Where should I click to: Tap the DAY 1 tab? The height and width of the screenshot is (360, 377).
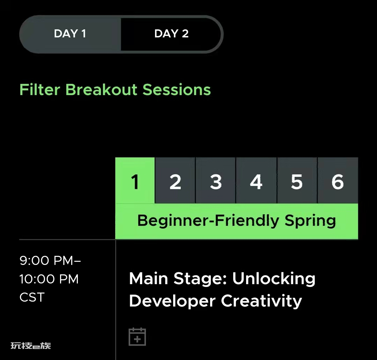coord(70,34)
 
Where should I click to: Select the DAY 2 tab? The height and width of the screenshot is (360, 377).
coord(171,34)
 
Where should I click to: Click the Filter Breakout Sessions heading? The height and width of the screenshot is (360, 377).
coord(115,90)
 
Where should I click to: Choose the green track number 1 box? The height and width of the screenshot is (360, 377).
coord(135,181)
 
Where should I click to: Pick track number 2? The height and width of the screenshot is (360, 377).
coord(175,181)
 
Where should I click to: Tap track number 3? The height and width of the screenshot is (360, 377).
coord(216,181)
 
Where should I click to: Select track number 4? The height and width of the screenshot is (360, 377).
coord(256,181)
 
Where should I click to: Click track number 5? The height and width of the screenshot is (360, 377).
coord(297,181)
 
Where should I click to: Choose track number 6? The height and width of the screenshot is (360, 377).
coord(338,181)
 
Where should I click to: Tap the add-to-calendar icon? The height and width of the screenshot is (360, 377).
coord(137,337)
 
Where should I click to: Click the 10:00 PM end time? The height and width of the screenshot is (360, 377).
coord(49,279)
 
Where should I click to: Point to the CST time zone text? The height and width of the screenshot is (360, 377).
coord(32,297)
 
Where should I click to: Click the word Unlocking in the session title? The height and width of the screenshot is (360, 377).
coord(274,279)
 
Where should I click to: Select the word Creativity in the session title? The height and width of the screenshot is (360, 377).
coord(261,301)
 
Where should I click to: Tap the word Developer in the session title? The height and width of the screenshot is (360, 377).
coord(172,301)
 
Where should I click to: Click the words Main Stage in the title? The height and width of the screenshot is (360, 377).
coord(178,279)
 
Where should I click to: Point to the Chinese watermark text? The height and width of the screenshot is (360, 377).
coord(31,346)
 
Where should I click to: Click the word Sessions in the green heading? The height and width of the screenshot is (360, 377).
coord(177,90)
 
